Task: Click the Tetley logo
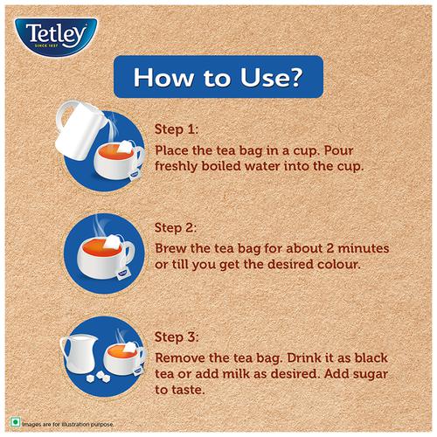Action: (x=56, y=37)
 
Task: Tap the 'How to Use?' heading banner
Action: (x=218, y=77)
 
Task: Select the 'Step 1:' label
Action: (x=177, y=129)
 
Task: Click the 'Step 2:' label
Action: (x=176, y=227)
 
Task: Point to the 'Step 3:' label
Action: (x=177, y=337)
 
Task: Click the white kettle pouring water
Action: (x=80, y=129)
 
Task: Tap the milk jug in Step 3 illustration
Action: (x=79, y=354)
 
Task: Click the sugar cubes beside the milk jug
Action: (x=99, y=377)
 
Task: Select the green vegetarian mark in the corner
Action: (x=15, y=422)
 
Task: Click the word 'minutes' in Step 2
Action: (x=364, y=248)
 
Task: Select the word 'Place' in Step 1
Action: (x=171, y=150)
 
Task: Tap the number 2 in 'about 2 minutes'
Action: (x=330, y=248)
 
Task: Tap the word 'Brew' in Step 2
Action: (x=170, y=248)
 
